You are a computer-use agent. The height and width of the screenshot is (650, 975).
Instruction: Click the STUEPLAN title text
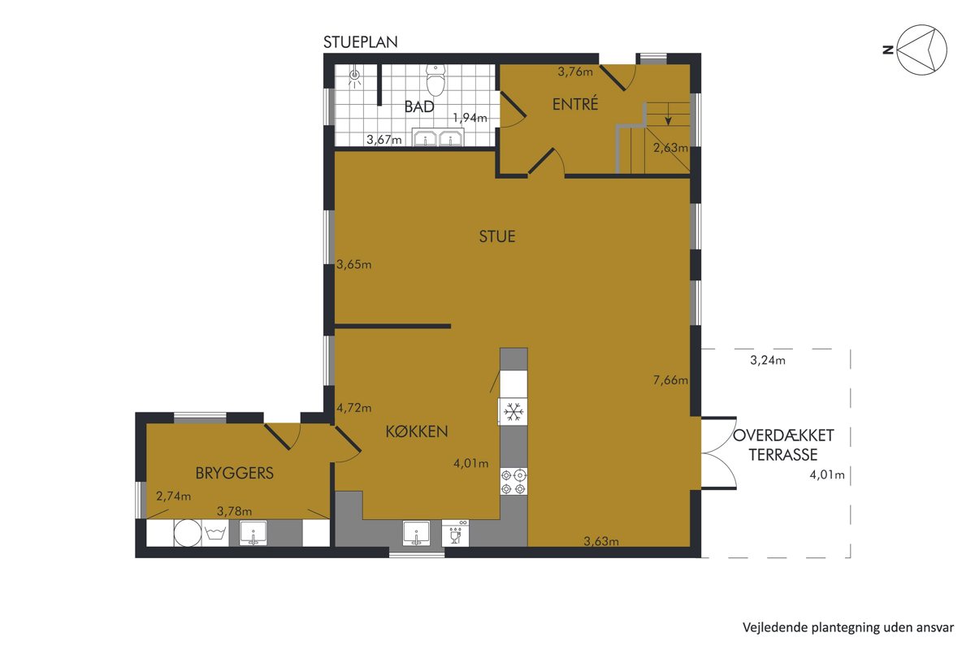coord(361,42)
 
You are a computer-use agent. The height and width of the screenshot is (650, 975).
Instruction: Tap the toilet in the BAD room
coord(435,80)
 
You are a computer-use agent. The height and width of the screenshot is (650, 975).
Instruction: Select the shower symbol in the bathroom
coord(355,77)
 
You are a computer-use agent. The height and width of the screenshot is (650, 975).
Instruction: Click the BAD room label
coord(419,106)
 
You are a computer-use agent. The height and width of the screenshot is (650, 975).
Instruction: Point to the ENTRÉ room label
coord(575,104)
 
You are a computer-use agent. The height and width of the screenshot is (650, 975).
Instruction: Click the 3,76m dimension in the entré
coord(575,71)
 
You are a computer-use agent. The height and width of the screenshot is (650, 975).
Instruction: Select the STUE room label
coord(497,236)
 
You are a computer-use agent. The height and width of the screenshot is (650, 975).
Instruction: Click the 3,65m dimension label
coord(354,264)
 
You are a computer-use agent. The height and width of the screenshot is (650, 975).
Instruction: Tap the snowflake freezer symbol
coord(513,411)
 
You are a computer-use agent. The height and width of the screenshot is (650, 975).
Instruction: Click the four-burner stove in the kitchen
coord(513,482)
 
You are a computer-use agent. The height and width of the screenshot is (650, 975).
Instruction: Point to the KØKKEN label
coord(417,431)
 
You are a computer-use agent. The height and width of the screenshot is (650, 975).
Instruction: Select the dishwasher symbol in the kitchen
coord(455,533)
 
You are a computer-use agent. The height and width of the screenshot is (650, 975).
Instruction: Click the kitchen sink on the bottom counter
coord(416,533)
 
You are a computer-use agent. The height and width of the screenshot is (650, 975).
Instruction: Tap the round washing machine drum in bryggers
coord(188,533)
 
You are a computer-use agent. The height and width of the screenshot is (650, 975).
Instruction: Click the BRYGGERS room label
coord(234,473)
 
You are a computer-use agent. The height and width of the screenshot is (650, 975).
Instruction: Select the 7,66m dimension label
coord(670,380)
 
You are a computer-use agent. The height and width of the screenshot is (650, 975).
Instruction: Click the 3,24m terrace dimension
coord(768,361)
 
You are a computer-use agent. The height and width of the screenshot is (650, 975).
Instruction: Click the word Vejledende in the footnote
coord(769,627)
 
